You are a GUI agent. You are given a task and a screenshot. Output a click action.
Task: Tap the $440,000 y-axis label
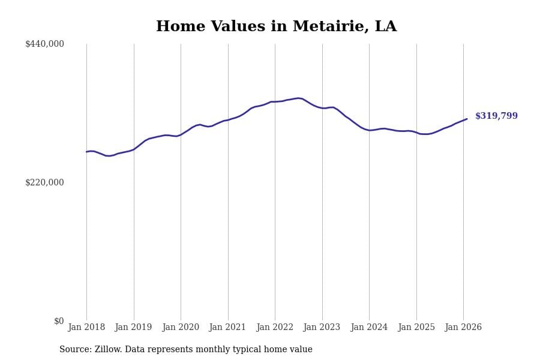pos(44,44)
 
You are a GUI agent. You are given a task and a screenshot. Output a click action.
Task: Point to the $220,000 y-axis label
pos(44,182)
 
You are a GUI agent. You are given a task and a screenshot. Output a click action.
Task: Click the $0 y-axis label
pos(59,321)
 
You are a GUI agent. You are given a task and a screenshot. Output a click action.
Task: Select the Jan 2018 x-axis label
pos(86,328)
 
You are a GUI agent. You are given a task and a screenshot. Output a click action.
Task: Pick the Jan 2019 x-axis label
pos(134,328)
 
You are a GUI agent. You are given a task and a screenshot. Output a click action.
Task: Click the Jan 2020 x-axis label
pos(181,328)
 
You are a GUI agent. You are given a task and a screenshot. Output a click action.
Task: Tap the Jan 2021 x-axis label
pos(228,328)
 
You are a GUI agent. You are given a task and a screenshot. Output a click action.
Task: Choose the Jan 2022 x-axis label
pos(275,328)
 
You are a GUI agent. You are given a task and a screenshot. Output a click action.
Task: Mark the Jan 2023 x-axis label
pos(322,328)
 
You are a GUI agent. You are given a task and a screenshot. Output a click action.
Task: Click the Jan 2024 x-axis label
pos(369,328)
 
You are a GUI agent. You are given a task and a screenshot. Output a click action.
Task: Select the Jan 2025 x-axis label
pos(416,328)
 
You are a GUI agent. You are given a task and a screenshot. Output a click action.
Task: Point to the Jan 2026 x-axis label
pos(463,328)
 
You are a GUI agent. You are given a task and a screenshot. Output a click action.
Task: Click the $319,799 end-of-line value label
pos(496,116)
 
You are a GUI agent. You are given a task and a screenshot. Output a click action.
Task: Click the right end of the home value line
pos(467,119)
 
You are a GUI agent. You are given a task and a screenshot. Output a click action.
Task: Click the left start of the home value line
pos(86,152)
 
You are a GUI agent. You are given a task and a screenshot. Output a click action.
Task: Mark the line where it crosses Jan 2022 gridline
pos(275,102)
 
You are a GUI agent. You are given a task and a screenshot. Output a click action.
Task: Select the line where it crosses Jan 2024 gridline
pos(369,130)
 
